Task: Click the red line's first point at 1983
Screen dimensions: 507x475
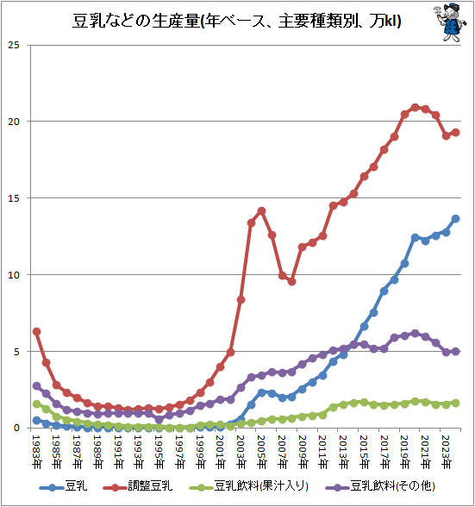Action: tap(36, 332)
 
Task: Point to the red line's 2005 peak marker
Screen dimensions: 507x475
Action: tap(261, 211)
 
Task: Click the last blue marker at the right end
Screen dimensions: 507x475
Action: tap(456, 219)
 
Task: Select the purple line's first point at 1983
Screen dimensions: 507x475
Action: tap(36, 386)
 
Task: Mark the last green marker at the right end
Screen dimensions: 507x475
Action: tap(456, 403)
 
